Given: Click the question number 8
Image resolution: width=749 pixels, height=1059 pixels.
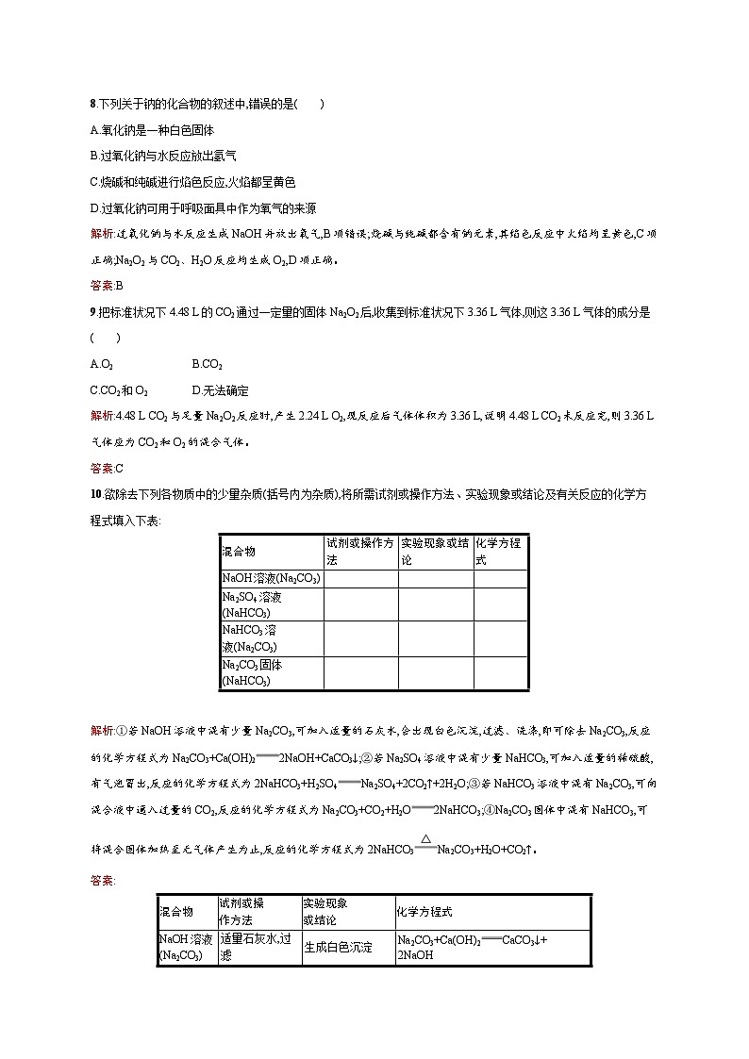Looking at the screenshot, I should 92,104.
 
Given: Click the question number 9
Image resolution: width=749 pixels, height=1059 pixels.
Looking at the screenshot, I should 92,311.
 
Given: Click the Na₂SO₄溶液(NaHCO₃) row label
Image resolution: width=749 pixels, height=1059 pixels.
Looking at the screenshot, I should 247,604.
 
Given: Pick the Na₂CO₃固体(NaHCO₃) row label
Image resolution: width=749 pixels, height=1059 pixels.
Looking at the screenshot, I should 252,672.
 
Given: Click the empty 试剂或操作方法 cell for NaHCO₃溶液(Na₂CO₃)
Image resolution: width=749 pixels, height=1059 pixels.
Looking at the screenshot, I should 360,638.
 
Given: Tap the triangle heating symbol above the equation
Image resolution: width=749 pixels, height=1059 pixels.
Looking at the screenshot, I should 426,838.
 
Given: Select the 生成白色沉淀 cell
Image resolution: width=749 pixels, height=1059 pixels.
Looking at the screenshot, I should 338,948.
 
